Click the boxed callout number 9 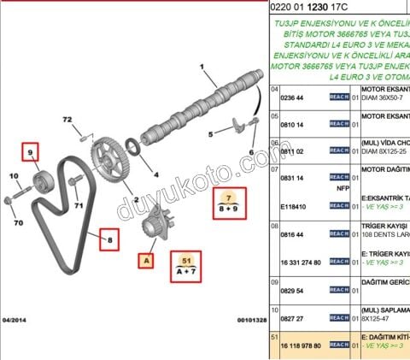coord(31,153)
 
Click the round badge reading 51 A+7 coord(186,267)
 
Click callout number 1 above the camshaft coord(202,67)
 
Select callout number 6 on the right coord(251,155)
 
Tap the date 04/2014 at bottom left coord(15,320)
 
